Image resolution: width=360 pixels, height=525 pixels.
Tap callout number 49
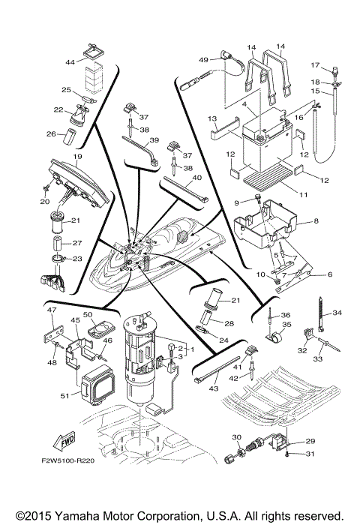click(202, 60)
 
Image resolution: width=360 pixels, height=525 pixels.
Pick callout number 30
click(235, 437)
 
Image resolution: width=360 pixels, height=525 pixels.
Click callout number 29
click(310, 442)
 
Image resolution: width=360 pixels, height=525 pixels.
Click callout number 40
click(197, 178)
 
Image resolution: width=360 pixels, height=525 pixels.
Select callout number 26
click(52, 135)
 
